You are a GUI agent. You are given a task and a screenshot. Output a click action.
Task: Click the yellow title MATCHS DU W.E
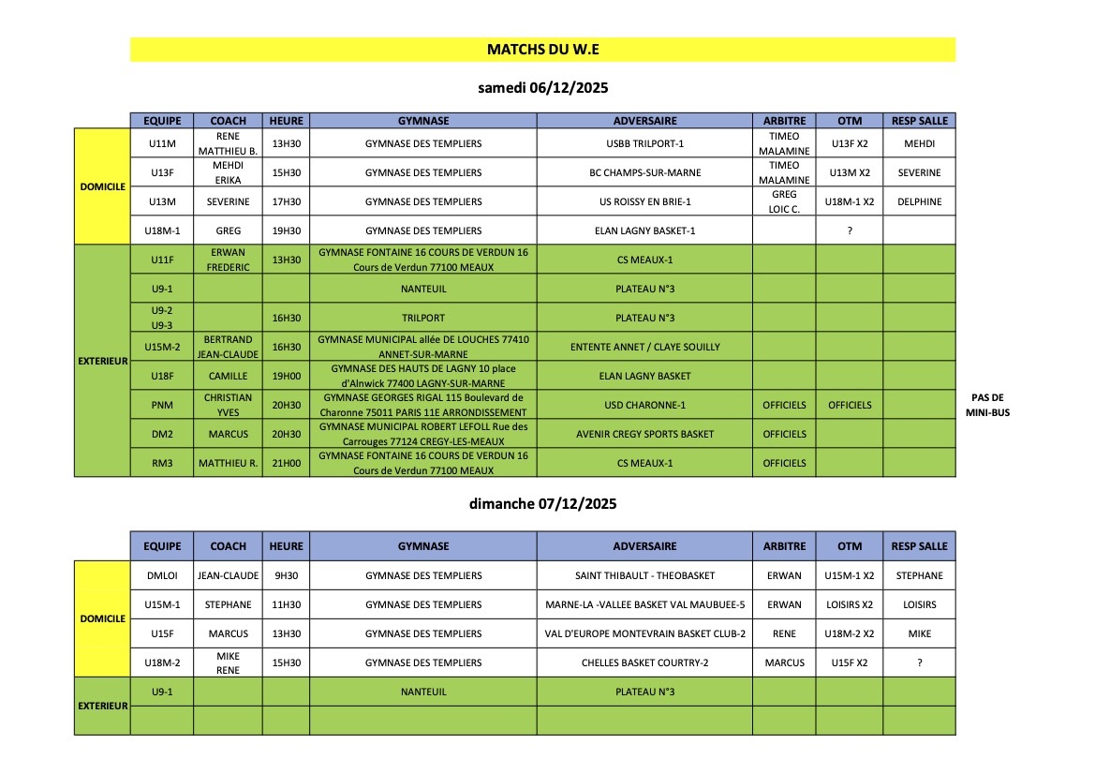click(x=542, y=50)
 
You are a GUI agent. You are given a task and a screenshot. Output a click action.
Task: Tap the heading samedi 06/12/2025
click(x=542, y=89)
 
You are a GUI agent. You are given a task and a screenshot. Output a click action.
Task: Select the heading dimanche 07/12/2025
click(x=542, y=503)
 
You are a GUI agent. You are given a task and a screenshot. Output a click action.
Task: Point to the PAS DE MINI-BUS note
click(x=990, y=404)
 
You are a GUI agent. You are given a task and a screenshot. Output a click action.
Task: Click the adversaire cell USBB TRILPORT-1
click(x=644, y=143)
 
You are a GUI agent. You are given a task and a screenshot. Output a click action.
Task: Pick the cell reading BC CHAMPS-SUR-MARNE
click(x=644, y=172)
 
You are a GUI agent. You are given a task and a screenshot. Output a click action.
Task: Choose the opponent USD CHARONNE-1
click(x=644, y=405)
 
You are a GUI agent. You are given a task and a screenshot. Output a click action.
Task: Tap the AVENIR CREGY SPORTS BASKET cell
click(x=644, y=434)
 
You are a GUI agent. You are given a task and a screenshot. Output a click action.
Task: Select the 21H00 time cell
click(x=286, y=463)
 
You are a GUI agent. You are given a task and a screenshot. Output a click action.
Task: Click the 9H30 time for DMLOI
click(x=286, y=575)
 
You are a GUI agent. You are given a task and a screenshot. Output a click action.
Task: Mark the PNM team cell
click(x=161, y=405)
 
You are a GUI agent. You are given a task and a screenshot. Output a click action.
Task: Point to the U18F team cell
click(x=161, y=376)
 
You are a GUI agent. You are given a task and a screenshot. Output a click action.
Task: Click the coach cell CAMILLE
click(x=228, y=376)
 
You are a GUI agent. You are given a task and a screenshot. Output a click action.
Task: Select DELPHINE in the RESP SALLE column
click(x=919, y=201)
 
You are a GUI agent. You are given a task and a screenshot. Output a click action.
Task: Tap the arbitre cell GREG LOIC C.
click(x=784, y=201)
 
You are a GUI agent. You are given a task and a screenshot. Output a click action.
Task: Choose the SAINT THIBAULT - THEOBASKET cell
click(x=644, y=575)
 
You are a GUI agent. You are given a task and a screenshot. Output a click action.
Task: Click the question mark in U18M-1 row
click(x=849, y=231)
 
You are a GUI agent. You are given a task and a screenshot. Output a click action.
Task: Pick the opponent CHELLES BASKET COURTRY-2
click(x=644, y=662)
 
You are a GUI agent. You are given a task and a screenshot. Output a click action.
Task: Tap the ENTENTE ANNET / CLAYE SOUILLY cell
click(x=644, y=347)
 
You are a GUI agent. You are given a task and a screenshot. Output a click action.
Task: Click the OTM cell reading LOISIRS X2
click(x=849, y=604)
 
